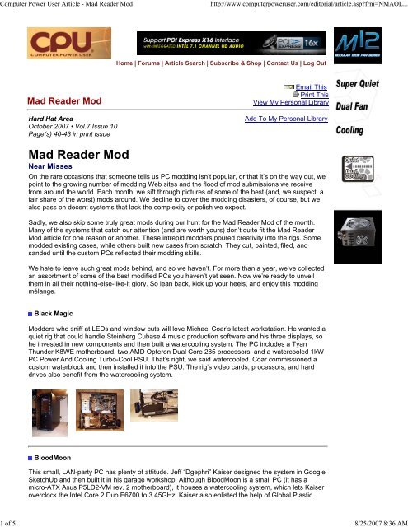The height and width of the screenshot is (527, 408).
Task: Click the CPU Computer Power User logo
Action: coord(51,52)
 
